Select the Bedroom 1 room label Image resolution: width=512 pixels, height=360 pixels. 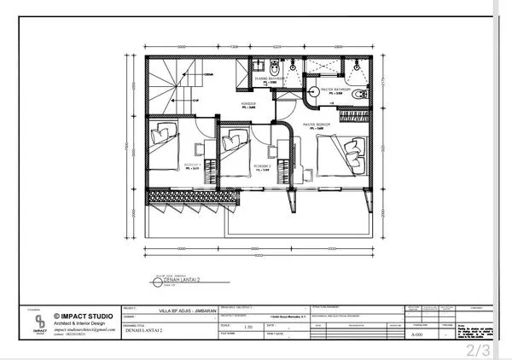193,166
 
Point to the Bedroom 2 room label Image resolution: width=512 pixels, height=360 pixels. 261,166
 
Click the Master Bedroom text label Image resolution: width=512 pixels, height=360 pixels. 317,124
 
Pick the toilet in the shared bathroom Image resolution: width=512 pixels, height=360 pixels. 271,69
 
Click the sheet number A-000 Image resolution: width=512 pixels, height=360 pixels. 417,336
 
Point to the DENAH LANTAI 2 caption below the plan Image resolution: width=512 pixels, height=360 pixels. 183,279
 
